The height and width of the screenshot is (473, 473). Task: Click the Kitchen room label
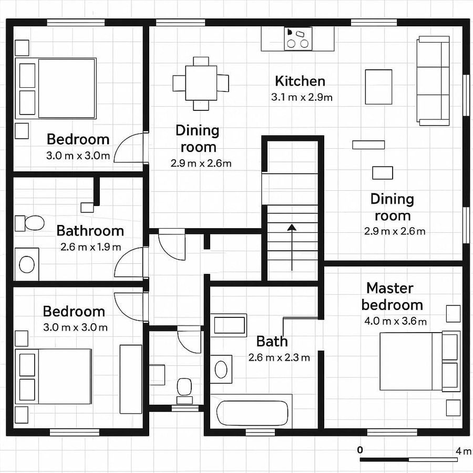[x=300, y=81]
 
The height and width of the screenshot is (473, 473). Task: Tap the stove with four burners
[x=297, y=38]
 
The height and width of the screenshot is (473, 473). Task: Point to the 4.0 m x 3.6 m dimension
[x=394, y=321]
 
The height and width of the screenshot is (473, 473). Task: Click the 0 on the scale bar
[x=360, y=450]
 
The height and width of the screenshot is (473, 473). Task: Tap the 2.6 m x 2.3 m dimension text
[x=279, y=358]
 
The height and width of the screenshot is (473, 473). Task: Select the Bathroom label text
[x=90, y=230]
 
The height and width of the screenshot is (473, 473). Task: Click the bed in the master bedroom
[x=413, y=361]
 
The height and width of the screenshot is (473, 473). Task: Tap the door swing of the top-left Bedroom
[x=129, y=147]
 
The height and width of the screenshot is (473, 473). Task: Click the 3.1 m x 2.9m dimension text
[x=301, y=97]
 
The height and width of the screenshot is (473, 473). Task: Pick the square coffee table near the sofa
[x=378, y=86]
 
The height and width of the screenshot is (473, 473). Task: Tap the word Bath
[x=272, y=341]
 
